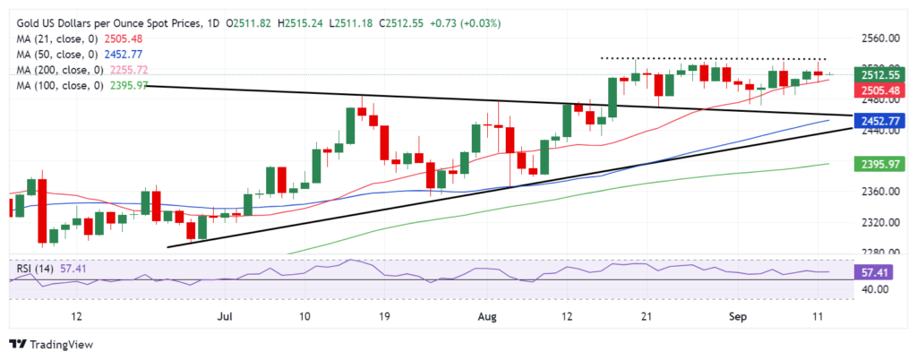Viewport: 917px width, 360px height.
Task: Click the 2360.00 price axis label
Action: point(881,192)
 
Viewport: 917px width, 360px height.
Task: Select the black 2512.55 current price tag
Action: point(882,75)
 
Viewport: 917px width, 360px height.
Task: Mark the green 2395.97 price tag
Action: point(882,164)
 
